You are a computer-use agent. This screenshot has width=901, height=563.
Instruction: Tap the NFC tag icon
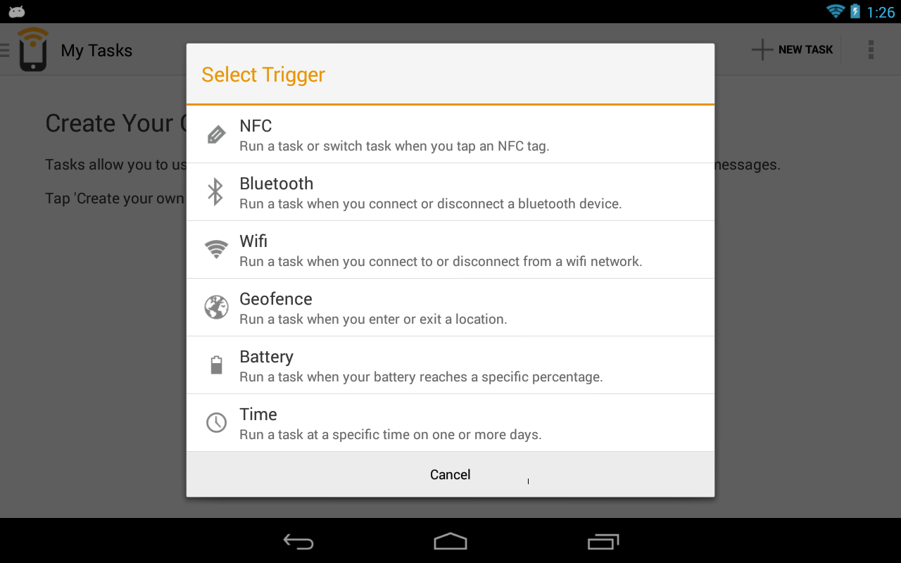tap(216, 134)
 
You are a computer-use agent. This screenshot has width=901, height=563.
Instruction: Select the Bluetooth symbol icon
tap(215, 191)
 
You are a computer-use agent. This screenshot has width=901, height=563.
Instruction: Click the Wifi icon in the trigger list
tap(216, 249)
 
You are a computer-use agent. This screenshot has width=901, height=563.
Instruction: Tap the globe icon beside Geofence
tap(216, 308)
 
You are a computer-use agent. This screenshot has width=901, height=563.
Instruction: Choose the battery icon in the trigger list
tap(216, 365)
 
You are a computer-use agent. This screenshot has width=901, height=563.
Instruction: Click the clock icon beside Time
tap(216, 423)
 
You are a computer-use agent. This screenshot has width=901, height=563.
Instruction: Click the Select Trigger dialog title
tap(263, 75)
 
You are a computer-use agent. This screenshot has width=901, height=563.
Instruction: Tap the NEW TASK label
tap(805, 49)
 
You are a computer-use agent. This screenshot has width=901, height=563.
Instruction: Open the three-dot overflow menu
tap(871, 49)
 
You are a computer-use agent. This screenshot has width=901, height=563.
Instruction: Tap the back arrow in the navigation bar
tap(298, 541)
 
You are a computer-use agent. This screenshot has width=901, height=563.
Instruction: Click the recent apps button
tap(603, 541)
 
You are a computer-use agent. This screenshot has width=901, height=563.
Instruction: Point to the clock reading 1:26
tap(881, 12)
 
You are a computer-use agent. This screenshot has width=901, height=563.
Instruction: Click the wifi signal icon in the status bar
tap(836, 11)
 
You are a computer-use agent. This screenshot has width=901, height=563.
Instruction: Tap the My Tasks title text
tap(96, 50)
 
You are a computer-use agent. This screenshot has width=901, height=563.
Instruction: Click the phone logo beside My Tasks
tap(33, 49)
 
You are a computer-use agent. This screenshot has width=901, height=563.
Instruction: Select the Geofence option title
tap(275, 299)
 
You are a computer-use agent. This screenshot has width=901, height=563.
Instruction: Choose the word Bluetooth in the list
tap(277, 184)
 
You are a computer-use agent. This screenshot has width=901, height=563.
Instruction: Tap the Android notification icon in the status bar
tap(16, 12)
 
